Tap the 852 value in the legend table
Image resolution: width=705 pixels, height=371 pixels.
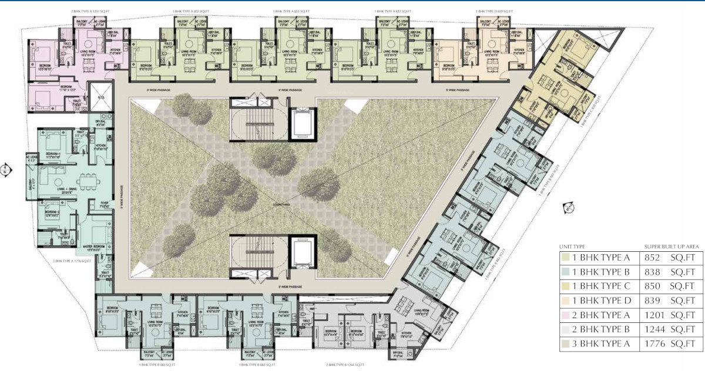(x=653, y=257)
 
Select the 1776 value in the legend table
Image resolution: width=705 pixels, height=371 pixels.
(x=654, y=344)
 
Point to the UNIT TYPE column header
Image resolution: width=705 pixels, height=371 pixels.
(x=572, y=247)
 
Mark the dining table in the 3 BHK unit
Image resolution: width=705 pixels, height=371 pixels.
(x=82, y=179)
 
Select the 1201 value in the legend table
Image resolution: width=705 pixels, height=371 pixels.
(x=654, y=315)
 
